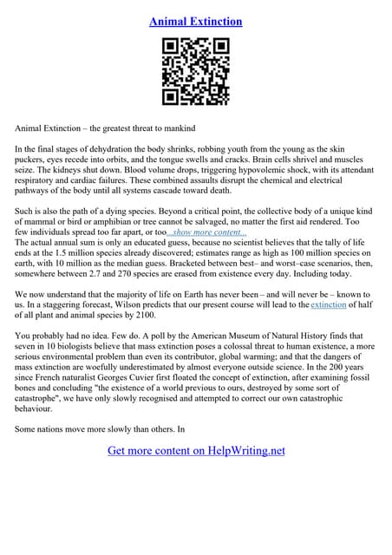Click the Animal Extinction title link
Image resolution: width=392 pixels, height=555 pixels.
tap(196, 21)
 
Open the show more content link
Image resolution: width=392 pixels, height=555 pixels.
tap(207, 234)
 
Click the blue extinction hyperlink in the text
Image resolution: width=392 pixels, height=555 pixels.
tap(329, 306)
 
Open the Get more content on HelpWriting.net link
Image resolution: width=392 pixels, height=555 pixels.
tap(196, 451)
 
